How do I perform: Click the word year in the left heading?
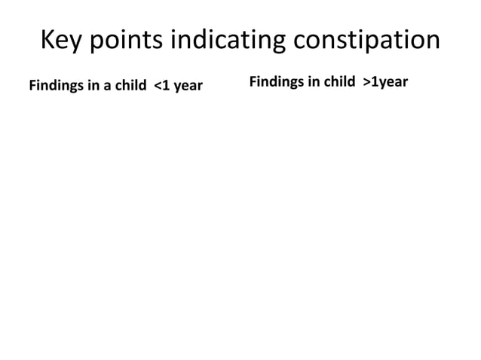pyautogui.click(x=188, y=86)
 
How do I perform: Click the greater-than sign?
pyautogui.click(x=367, y=81)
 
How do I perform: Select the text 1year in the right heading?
pyautogui.click(x=391, y=81)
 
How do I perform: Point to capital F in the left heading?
pyautogui.click(x=32, y=85)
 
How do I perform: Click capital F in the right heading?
pyautogui.click(x=253, y=81)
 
